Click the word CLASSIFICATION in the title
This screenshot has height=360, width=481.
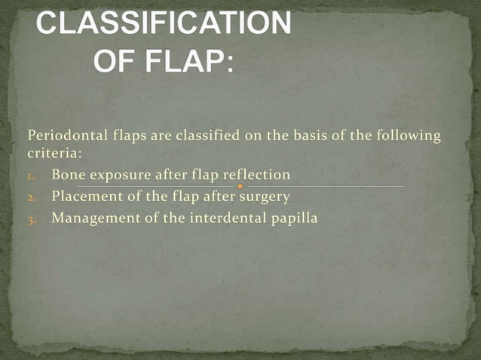tap(164, 24)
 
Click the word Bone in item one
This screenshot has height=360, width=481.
tap(68, 175)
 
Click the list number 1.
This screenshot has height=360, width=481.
tap(31, 176)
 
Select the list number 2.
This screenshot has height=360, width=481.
tap(31, 198)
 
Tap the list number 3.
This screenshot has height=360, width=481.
tap(31, 220)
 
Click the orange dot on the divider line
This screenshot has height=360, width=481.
tap(240, 186)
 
